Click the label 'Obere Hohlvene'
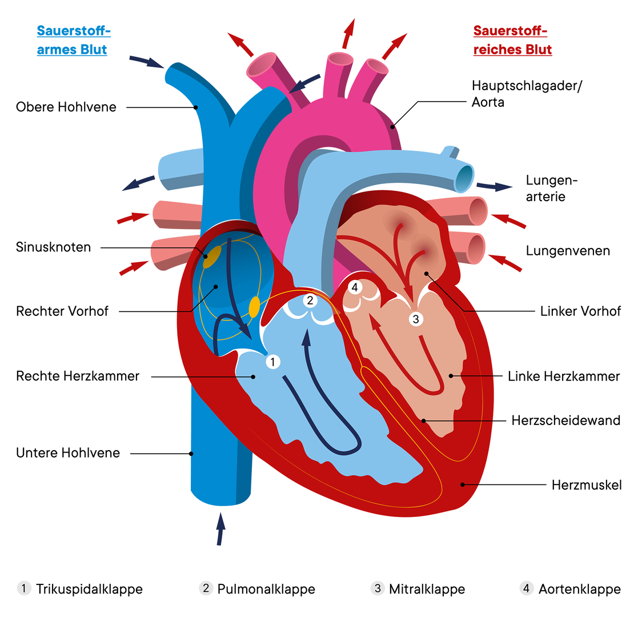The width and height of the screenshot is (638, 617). tap(66, 107)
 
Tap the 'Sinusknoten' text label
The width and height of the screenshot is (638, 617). tap(54, 247)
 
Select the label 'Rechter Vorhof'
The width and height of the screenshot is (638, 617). tap(62, 311)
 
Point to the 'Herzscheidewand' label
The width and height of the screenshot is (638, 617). tap(565, 420)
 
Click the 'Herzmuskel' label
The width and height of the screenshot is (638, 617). tap(587, 485)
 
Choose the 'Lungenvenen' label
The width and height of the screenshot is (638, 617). tap(568, 250)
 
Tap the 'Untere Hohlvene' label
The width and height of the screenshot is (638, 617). tap(68, 453)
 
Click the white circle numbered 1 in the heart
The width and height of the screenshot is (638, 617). tap(273, 361)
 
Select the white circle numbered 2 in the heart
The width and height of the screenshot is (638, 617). tap(310, 299)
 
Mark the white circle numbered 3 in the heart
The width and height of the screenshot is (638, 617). tap(416, 319)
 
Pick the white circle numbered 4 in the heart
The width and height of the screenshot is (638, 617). tap(355, 287)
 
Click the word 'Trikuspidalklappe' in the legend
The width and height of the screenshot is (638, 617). tap(89, 589)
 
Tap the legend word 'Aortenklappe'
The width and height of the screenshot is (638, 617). tap(579, 589)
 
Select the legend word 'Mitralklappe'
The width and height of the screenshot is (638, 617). tap(427, 589)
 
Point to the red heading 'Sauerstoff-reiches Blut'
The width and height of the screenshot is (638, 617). tap(512, 40)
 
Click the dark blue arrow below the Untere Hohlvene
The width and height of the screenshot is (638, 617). tap(220, 528)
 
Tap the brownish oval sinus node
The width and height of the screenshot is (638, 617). tap(212, 256)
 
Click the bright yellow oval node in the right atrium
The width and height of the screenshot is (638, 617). tap(254, 306)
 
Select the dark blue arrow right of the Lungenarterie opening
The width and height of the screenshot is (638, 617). tap(494, 186)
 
